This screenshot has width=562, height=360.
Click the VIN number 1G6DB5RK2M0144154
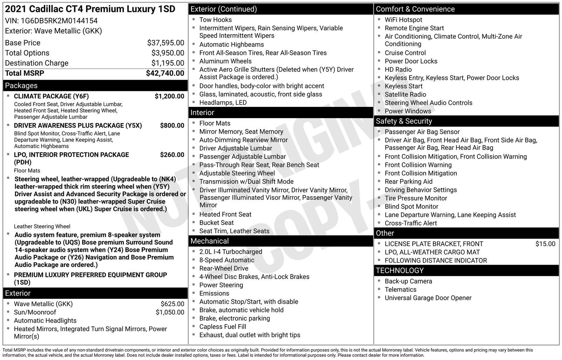[x=59, y=21]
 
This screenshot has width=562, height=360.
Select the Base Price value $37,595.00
[x=165, y=43]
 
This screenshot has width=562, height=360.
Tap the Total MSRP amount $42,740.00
[x=165, y=73]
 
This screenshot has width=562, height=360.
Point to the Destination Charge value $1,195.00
[x=168, y=63]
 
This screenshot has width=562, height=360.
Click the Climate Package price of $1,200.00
[x=169, y=96]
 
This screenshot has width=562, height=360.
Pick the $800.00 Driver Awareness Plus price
[x=172, y=126]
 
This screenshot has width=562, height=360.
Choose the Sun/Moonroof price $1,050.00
[x=170, y=312]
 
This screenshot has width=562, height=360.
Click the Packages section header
[x=21, y=85]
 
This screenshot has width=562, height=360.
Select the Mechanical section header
[x=209, y=241]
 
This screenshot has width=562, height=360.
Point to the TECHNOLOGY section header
[x=399, y=271]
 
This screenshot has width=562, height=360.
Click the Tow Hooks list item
[x=215, y=20]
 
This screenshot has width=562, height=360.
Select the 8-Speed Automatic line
[x=227, y=260]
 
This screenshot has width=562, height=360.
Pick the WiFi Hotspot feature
[x=403, y=20]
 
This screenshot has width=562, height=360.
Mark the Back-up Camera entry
[x=408, y=281]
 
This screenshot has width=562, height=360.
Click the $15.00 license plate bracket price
[x=545, y=244]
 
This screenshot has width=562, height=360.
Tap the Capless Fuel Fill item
[x=223, y=327]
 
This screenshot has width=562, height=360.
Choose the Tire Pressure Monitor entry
[x=416, y=198]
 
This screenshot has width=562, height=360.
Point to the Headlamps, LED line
[x=223, y=103]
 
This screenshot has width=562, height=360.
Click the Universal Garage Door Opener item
[x=428, y=298]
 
